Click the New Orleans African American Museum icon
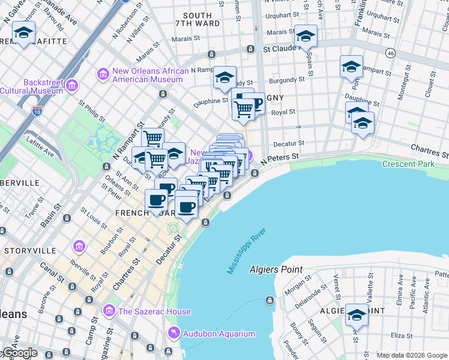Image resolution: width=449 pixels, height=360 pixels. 103,74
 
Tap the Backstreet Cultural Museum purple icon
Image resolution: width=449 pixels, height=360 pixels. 73,85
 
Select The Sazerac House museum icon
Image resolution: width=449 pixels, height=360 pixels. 109,311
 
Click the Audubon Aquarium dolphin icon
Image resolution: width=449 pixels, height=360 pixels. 173,333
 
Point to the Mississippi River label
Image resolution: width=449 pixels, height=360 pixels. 246,251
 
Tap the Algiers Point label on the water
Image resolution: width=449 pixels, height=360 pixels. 276,269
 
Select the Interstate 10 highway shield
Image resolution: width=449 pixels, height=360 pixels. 37,111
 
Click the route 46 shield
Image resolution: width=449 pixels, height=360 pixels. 390,53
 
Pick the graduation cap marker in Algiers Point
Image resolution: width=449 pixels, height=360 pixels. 357,314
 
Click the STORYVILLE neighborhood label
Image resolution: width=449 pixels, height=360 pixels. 25,250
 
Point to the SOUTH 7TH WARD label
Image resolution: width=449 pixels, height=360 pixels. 197,20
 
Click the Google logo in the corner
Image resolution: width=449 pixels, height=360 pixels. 19,353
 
